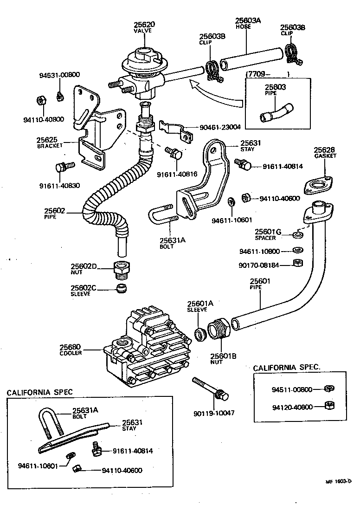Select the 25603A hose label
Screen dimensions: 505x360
tap(248, 20)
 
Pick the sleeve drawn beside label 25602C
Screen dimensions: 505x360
tap(121, 289)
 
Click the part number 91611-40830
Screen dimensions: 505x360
tap(59, 186)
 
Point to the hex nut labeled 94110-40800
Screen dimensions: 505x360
tap(40, 100)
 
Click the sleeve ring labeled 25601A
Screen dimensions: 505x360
tap(200, 333)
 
